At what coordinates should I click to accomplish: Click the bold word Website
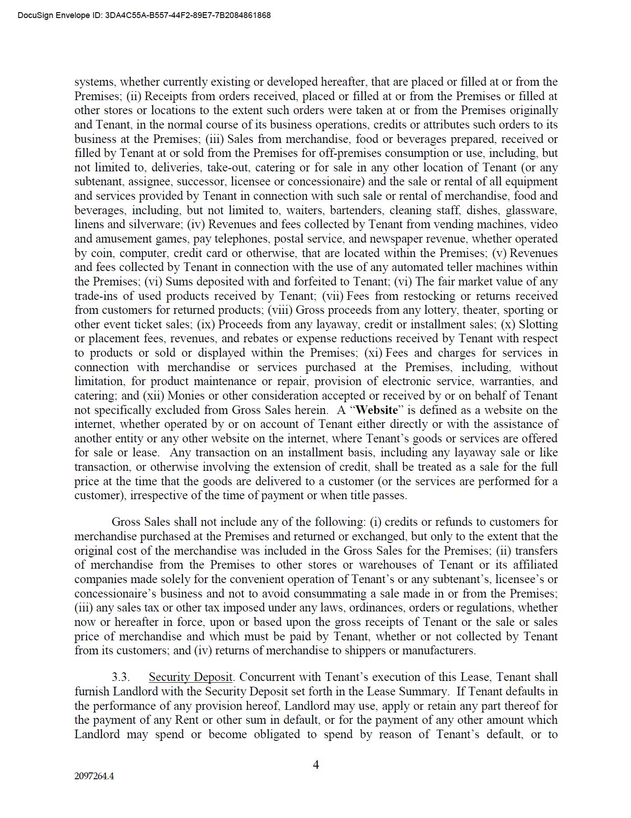coord(377,410)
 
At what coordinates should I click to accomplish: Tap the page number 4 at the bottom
coord(316,765)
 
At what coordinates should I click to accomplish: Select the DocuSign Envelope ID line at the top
coord(144,15)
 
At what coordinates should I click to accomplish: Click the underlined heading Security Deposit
coord(190,677)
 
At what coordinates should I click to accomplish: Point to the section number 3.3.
coord(121,677)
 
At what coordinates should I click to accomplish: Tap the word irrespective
coord(158,496)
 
